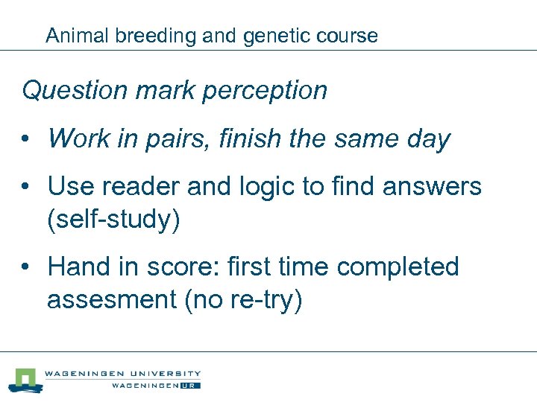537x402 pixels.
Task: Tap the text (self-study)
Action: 113,221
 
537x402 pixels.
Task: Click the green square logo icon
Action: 27,379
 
